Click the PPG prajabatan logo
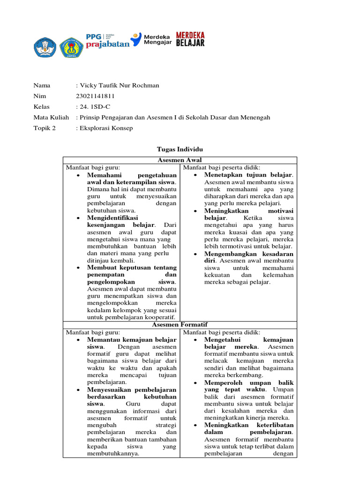106,39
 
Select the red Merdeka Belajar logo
190,39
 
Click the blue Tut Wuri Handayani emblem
45,47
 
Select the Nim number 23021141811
95,96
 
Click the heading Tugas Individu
180,149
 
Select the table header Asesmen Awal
180,160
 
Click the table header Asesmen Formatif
180,324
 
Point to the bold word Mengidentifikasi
112,218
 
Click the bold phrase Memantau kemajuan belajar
132,339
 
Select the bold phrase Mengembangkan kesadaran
249,254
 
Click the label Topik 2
44,127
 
